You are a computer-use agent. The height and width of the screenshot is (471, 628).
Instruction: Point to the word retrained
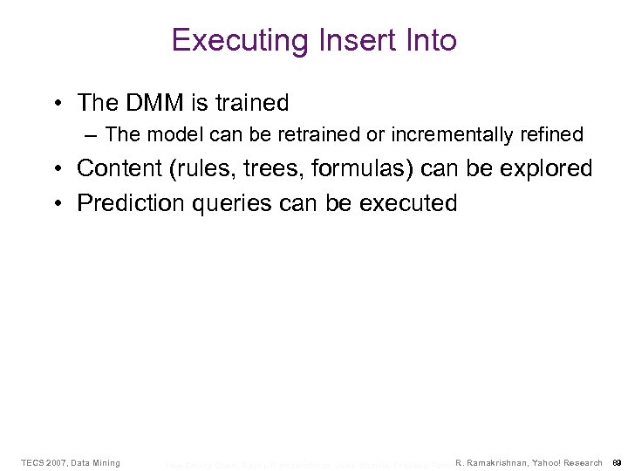click(x=289, y=134)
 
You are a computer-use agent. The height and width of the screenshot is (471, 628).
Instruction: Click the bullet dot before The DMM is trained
click(x=58, y=104)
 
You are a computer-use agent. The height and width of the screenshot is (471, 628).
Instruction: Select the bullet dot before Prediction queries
click(x=58, y=204)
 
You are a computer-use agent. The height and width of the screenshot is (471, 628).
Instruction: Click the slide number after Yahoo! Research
click(x=616, y=462)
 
